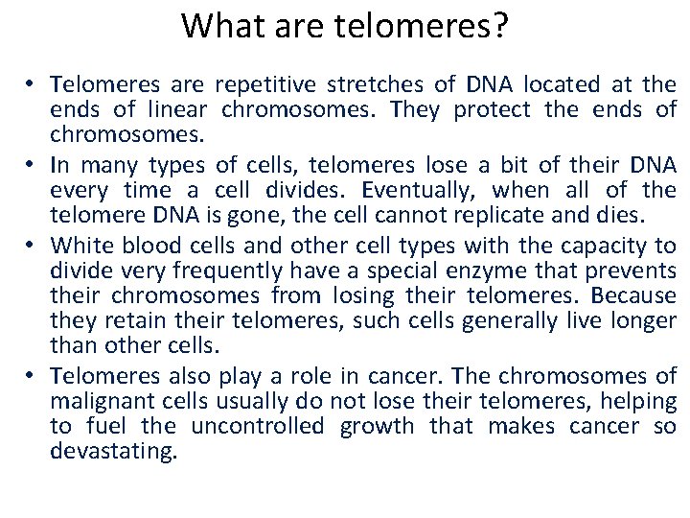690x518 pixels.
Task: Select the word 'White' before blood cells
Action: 78,245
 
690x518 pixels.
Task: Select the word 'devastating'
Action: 113,450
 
